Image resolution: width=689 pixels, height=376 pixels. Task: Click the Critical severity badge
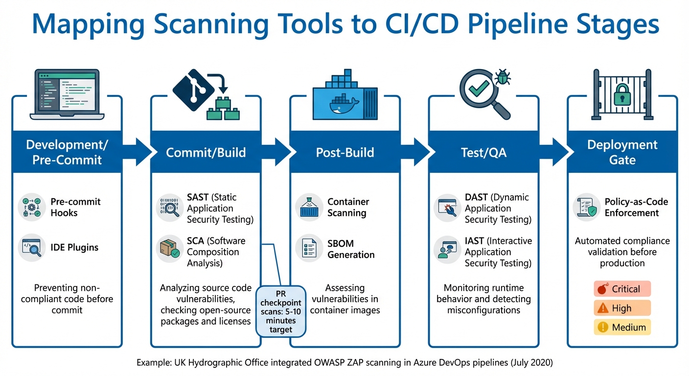click(622, 289)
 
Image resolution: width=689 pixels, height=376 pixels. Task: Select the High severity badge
click(622, 308)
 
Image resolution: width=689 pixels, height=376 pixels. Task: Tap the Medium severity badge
click(622, 327)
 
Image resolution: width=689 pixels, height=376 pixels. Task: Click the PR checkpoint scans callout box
click(281, 311)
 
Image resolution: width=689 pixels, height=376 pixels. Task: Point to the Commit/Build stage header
click(206, 152)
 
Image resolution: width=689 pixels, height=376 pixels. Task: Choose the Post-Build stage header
click(344, 152)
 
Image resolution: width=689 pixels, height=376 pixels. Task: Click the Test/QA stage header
click(483, 152)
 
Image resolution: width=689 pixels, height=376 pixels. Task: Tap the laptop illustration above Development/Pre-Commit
click(67, 94)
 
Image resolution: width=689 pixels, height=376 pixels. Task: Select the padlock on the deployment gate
click(622, 96)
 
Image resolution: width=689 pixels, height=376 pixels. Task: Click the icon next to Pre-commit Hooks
click(32, 207)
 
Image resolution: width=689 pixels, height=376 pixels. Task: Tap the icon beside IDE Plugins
click(32, 248)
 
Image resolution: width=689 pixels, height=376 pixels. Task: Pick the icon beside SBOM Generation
click(309, 249)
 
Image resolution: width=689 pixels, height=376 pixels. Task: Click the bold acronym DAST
click(476, 197)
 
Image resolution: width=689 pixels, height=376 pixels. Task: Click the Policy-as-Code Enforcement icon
click(586, 207)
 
